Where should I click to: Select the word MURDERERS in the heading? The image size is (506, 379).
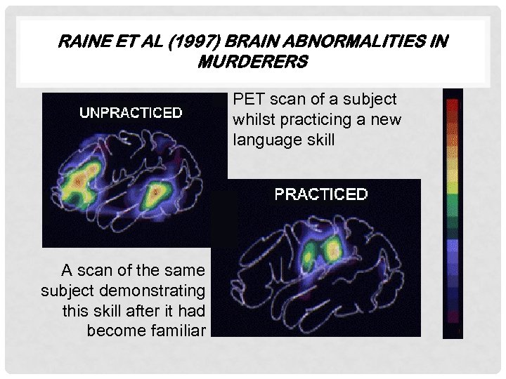tap(253, 62)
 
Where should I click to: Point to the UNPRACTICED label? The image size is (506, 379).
tap(131, 112)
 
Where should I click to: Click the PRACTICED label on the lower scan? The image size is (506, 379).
tap(320, 194)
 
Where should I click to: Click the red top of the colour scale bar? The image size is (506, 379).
tap(453, 107)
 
